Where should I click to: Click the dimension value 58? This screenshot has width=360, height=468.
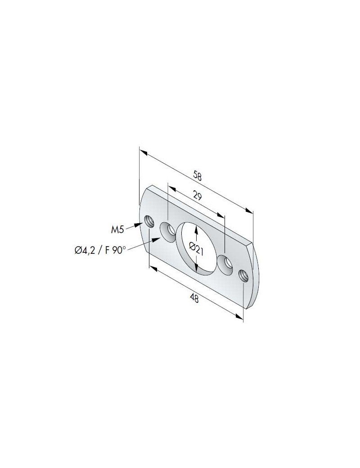[x=197, y=175]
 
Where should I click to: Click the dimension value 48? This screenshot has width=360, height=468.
[x=195, y=298]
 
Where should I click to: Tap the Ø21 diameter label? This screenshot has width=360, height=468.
[x=197, y=249]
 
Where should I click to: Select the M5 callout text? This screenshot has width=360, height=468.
[x=117, y=230]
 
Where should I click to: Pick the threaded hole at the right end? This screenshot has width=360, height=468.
[x=243, y=274]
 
